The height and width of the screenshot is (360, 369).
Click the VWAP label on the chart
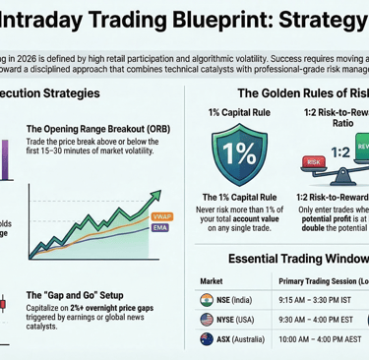coord(160,214)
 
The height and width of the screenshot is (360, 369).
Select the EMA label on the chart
coord(160,227)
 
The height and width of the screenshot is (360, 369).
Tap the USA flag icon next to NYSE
coord(209,320)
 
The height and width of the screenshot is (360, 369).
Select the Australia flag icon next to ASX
coord(209,341)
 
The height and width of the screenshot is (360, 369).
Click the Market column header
coord(213,279)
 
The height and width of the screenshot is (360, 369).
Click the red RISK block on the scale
coord(315,161)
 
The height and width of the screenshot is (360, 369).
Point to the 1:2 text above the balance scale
coord(339,153)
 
